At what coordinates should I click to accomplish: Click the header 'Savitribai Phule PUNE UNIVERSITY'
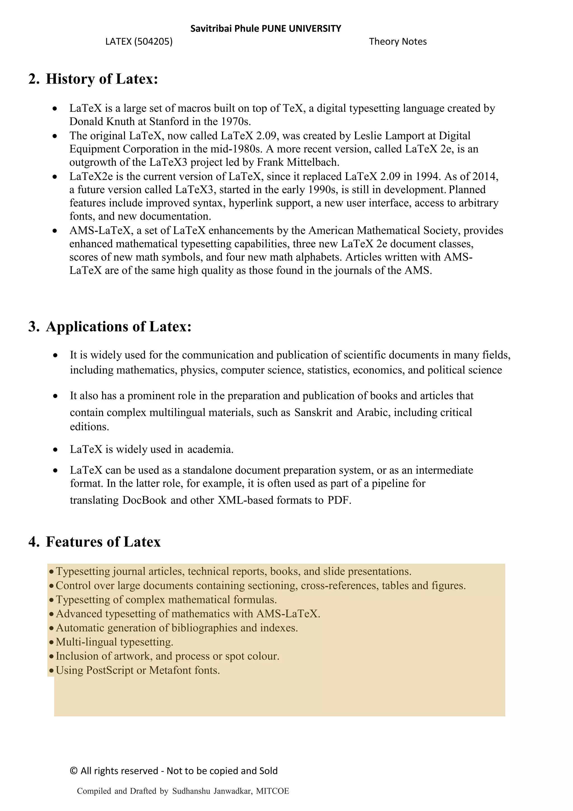tap(265, 29)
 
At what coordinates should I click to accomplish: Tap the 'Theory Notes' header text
tap(398, 42)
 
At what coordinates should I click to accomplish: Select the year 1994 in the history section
tap(427, 176)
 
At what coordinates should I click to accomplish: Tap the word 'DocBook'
tap(144, 500)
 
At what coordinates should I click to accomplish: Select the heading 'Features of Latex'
tap(103, 542)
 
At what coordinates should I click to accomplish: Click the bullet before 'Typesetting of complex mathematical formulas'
tap(52, 600)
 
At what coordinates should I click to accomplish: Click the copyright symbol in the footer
tap(74, 771)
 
